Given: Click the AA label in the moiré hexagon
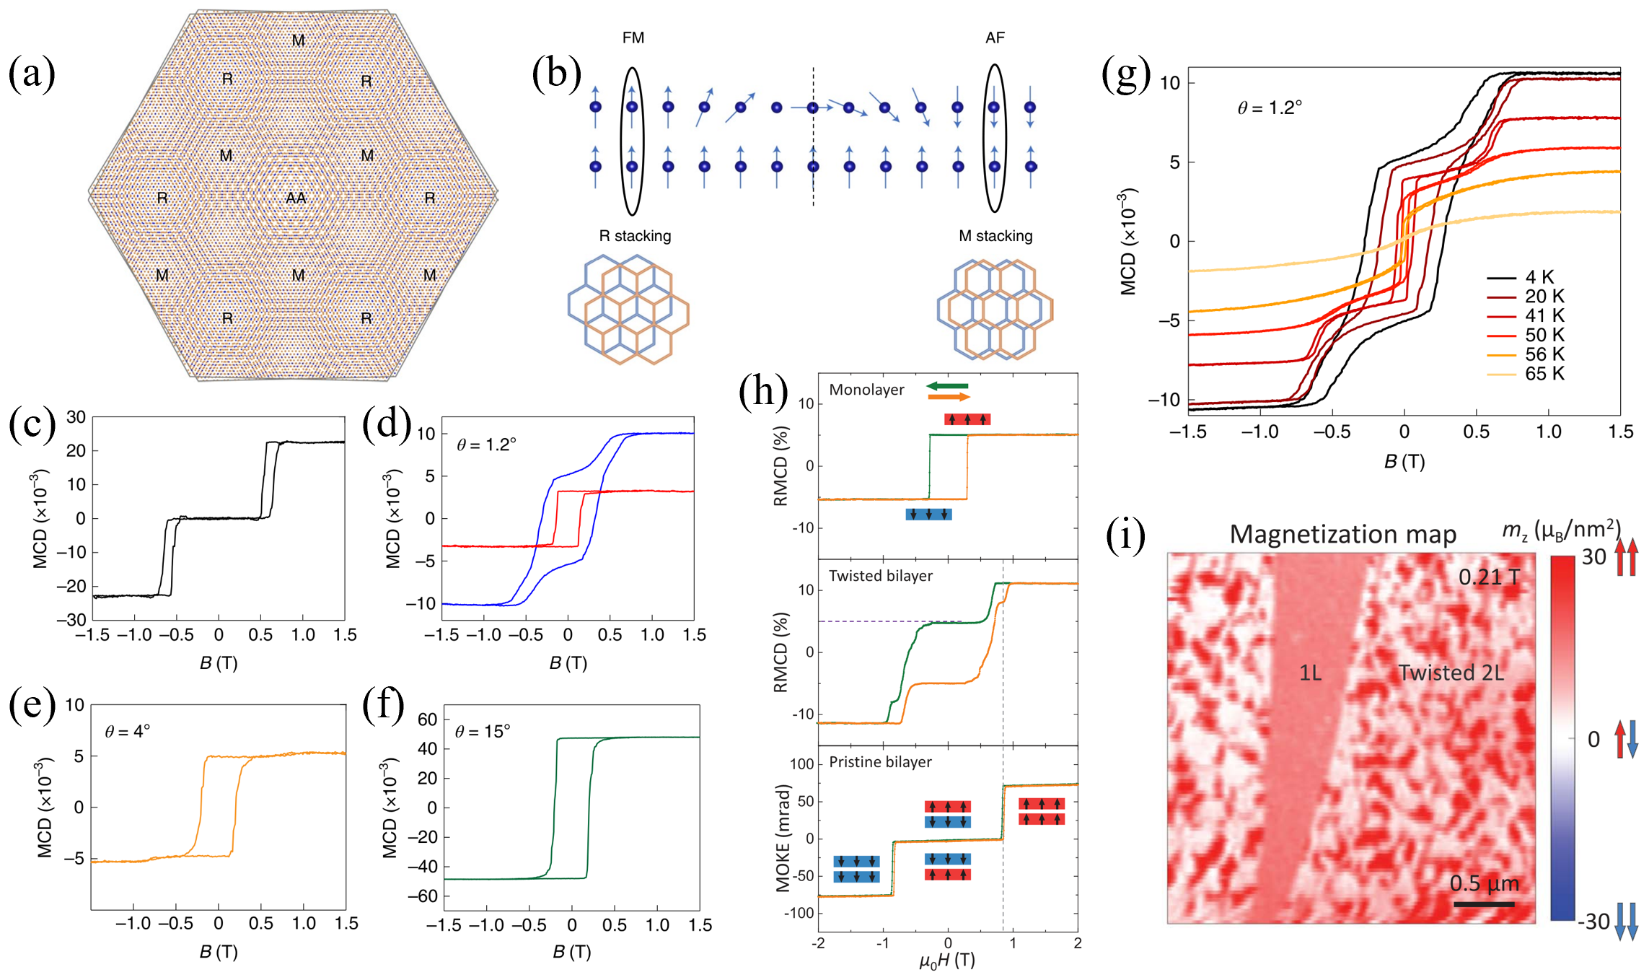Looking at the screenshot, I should coord(296,198).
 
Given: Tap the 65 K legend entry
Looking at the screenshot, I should coord(1544,374).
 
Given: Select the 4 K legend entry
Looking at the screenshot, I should coord(1539,277).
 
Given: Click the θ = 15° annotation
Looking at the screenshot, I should coord(483,732).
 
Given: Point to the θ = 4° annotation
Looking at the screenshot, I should coord(128,732).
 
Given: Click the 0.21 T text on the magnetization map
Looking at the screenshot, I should coord(1489,577).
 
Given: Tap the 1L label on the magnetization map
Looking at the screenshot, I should coord(1310,673).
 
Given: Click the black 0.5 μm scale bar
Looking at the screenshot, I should coord(1484,904).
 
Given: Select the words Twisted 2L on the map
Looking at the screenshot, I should coord(1451,673).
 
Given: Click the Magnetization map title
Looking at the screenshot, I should coord(1342,534).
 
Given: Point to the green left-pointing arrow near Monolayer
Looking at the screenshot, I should coord(947,386).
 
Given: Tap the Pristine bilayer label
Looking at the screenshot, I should coord(880,762).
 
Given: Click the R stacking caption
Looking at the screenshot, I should coord(635,236).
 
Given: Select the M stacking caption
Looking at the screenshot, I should coord(995,236).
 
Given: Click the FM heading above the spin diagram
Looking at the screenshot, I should coord(633,38).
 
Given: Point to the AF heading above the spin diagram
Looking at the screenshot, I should coord(995,38).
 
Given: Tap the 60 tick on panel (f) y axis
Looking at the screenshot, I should coord(428,719).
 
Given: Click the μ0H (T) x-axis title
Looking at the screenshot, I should coord(947,961).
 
